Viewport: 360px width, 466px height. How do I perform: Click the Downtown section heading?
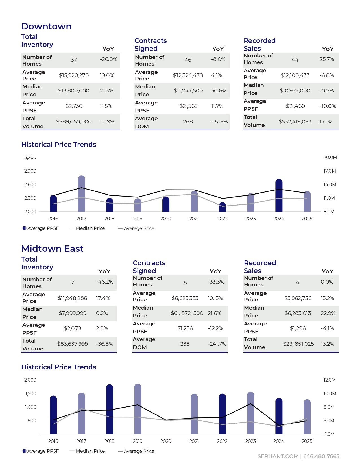tap(46, 26)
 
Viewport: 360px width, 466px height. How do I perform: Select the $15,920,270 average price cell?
tap(74, 75)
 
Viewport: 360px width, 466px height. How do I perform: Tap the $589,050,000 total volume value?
tap(74, 122)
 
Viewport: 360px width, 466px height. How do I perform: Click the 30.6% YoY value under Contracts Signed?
tap(219, 91)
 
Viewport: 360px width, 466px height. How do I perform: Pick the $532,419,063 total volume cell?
tap(295, 122)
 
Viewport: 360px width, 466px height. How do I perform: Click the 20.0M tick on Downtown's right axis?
tap(330, 157)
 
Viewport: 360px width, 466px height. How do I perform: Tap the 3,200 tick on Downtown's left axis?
tap(30, 157)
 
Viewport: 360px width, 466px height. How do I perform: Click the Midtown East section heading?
tap(52, 249)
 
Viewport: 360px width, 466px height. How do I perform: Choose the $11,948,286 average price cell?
tap(72, 298)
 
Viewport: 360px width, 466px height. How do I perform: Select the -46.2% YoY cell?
tap(104, 282)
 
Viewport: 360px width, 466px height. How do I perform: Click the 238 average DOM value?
tap(185, 344)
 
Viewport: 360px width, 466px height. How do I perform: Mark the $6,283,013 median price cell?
tap(298, 313)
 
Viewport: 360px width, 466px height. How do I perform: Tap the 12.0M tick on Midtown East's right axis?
tap(330, 380)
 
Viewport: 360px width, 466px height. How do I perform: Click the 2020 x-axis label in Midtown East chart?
tap(166, 441)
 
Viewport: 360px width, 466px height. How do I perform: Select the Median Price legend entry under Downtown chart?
tap(90, 228)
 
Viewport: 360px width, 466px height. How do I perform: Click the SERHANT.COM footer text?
tap(278, 456)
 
